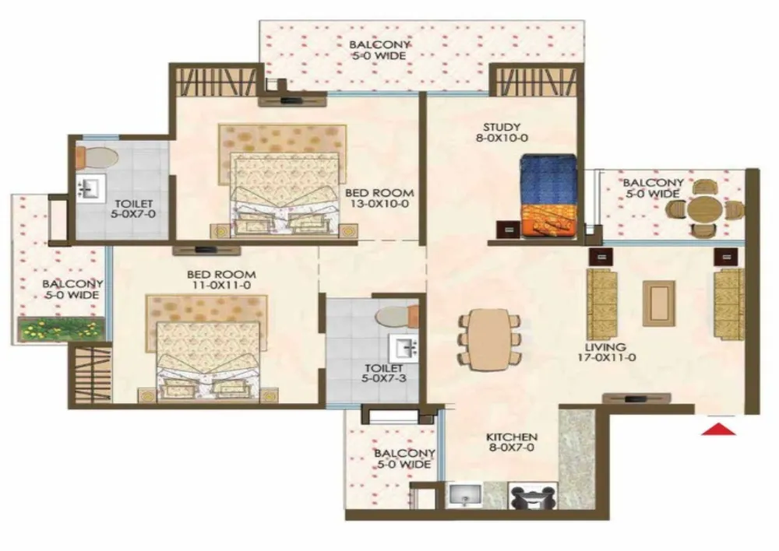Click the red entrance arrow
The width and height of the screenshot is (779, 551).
coord(718,429)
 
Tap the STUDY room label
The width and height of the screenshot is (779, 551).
coord(502,127)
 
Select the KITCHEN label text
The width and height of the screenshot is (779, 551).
coord(512,437)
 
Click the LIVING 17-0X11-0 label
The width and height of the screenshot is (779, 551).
coord(606,352)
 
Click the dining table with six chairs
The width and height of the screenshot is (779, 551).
coord(489,340)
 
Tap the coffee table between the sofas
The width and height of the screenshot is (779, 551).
coord(659,304)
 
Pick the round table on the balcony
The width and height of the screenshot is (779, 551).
coord(703,209)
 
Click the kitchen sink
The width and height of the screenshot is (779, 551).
coord(465,494)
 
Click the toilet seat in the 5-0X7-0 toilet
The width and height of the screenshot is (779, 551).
coord(97,157)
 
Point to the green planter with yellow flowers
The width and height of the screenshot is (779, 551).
coord(61,330)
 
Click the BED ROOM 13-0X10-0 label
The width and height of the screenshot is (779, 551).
coord(379,198)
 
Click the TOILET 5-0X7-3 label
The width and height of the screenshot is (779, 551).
coord(383,374)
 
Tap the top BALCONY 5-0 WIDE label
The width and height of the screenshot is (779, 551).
coord(379,50)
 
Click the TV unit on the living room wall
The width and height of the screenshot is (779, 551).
coord(636,398)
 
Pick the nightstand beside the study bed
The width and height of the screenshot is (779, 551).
coord(508,230)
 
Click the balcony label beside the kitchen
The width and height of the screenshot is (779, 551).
coord(404,458)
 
